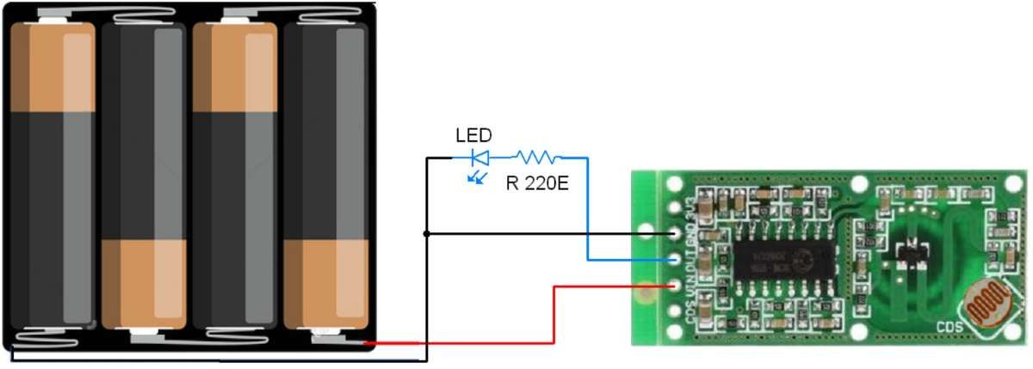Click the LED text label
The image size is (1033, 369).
[473, 136]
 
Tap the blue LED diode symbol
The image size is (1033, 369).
[480, 157]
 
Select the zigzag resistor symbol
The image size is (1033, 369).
[538, 157]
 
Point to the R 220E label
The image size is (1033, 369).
[537, 183]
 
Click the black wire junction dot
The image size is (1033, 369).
[426, 233]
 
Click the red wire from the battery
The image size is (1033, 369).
[482, 343]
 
